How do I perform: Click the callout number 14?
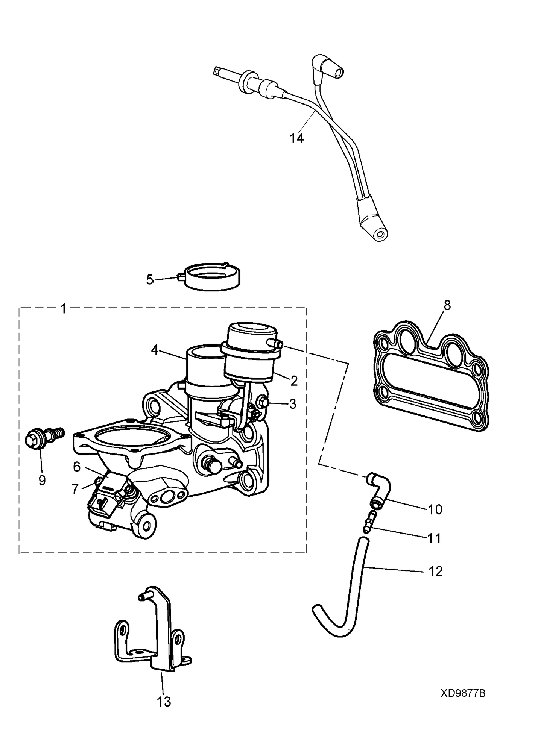296,139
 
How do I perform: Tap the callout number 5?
150,280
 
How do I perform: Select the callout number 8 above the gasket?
447,305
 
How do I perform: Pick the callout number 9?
42,480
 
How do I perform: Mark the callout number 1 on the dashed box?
63,309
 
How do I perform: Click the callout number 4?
154,350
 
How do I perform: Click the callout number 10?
435,510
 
